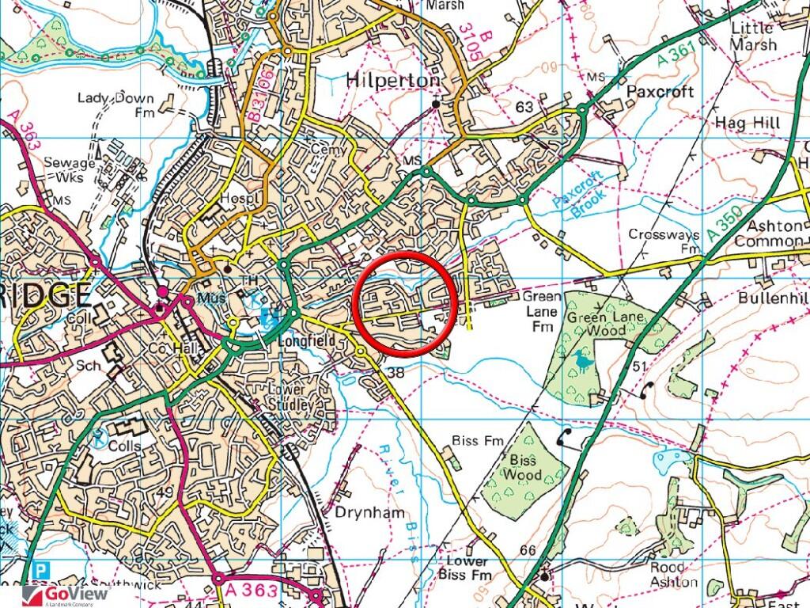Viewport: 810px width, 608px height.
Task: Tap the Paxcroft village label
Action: pos(660,92)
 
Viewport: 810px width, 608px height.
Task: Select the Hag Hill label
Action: pos(747,123)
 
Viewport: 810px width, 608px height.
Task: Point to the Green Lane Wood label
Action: pos(607,327)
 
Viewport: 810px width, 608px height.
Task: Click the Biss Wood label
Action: pos(523,467)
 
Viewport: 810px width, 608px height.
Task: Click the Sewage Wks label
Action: pos(70,169)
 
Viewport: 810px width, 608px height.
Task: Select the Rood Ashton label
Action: pos(673,575)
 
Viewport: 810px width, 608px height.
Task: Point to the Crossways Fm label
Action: pos(664,241)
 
